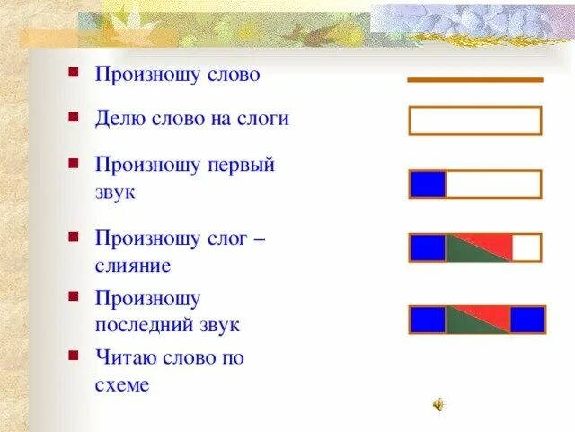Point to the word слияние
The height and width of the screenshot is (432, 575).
click(133, 265)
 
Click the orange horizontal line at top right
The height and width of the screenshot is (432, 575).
click(474, 80)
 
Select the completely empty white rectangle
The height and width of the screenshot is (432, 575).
click(474, 121)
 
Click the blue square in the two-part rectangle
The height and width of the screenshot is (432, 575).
click(428, 184)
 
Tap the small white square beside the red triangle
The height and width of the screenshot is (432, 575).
click(526, 247)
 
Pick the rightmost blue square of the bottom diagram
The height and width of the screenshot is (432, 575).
click(527, 319)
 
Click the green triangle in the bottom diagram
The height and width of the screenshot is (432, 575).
click(465, 325)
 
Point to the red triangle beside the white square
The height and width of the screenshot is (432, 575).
click(490, 242)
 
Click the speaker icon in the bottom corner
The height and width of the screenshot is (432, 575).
click(438, 405)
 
